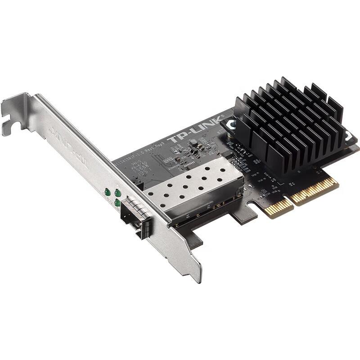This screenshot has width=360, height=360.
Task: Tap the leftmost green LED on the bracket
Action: pos(108,192)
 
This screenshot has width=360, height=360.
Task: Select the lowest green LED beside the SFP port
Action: pos(117,203)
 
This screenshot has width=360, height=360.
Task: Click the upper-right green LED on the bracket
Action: pos(118,193)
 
